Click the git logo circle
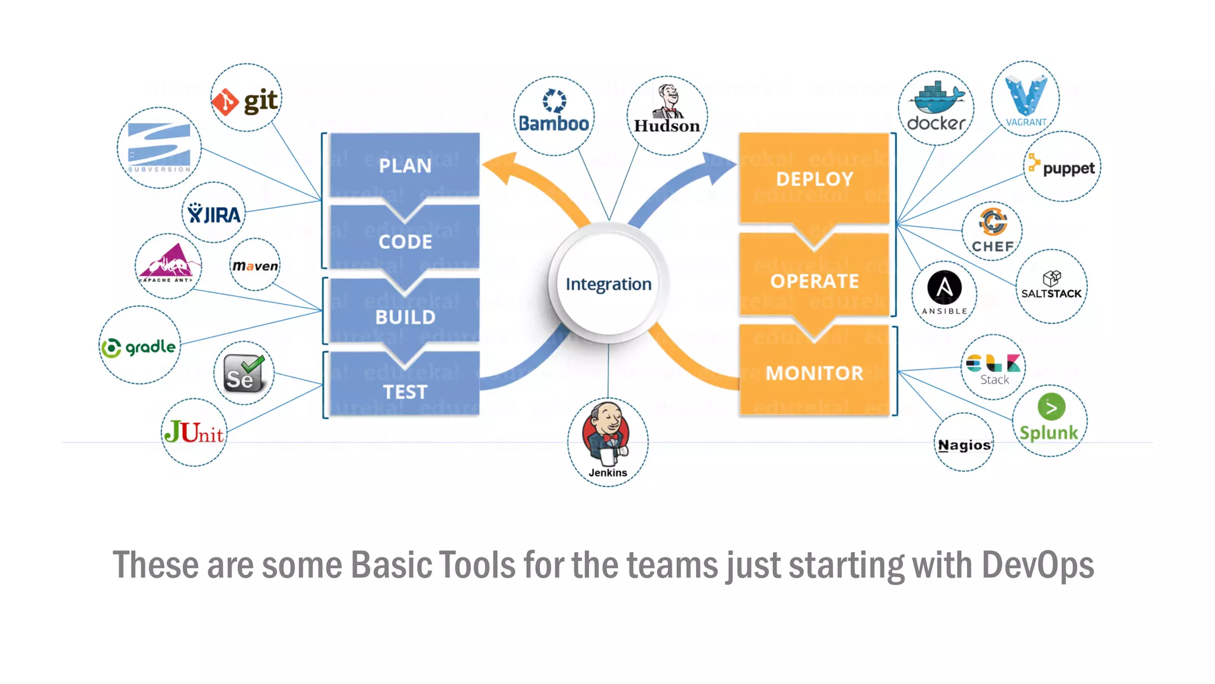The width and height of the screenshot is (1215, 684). pos(246,99)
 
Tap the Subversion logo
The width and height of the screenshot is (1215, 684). pos(159,147)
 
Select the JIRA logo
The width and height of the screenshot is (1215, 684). pos(214,213)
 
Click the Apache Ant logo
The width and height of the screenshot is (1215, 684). pos(168,264)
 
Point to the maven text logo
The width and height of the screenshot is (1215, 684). pos(255,265)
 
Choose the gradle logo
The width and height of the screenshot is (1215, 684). pos(139,347)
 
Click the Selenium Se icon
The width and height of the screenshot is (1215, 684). pos(244,373)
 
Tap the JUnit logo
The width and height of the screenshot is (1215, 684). pos(194,432)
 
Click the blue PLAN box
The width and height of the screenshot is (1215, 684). pos(405,164)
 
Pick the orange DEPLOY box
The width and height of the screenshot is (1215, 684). pos(814,178)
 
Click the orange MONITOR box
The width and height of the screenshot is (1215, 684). pos(814,372)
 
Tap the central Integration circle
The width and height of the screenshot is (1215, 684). pos(608,284)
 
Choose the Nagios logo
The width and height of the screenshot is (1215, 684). pos(964,445)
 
